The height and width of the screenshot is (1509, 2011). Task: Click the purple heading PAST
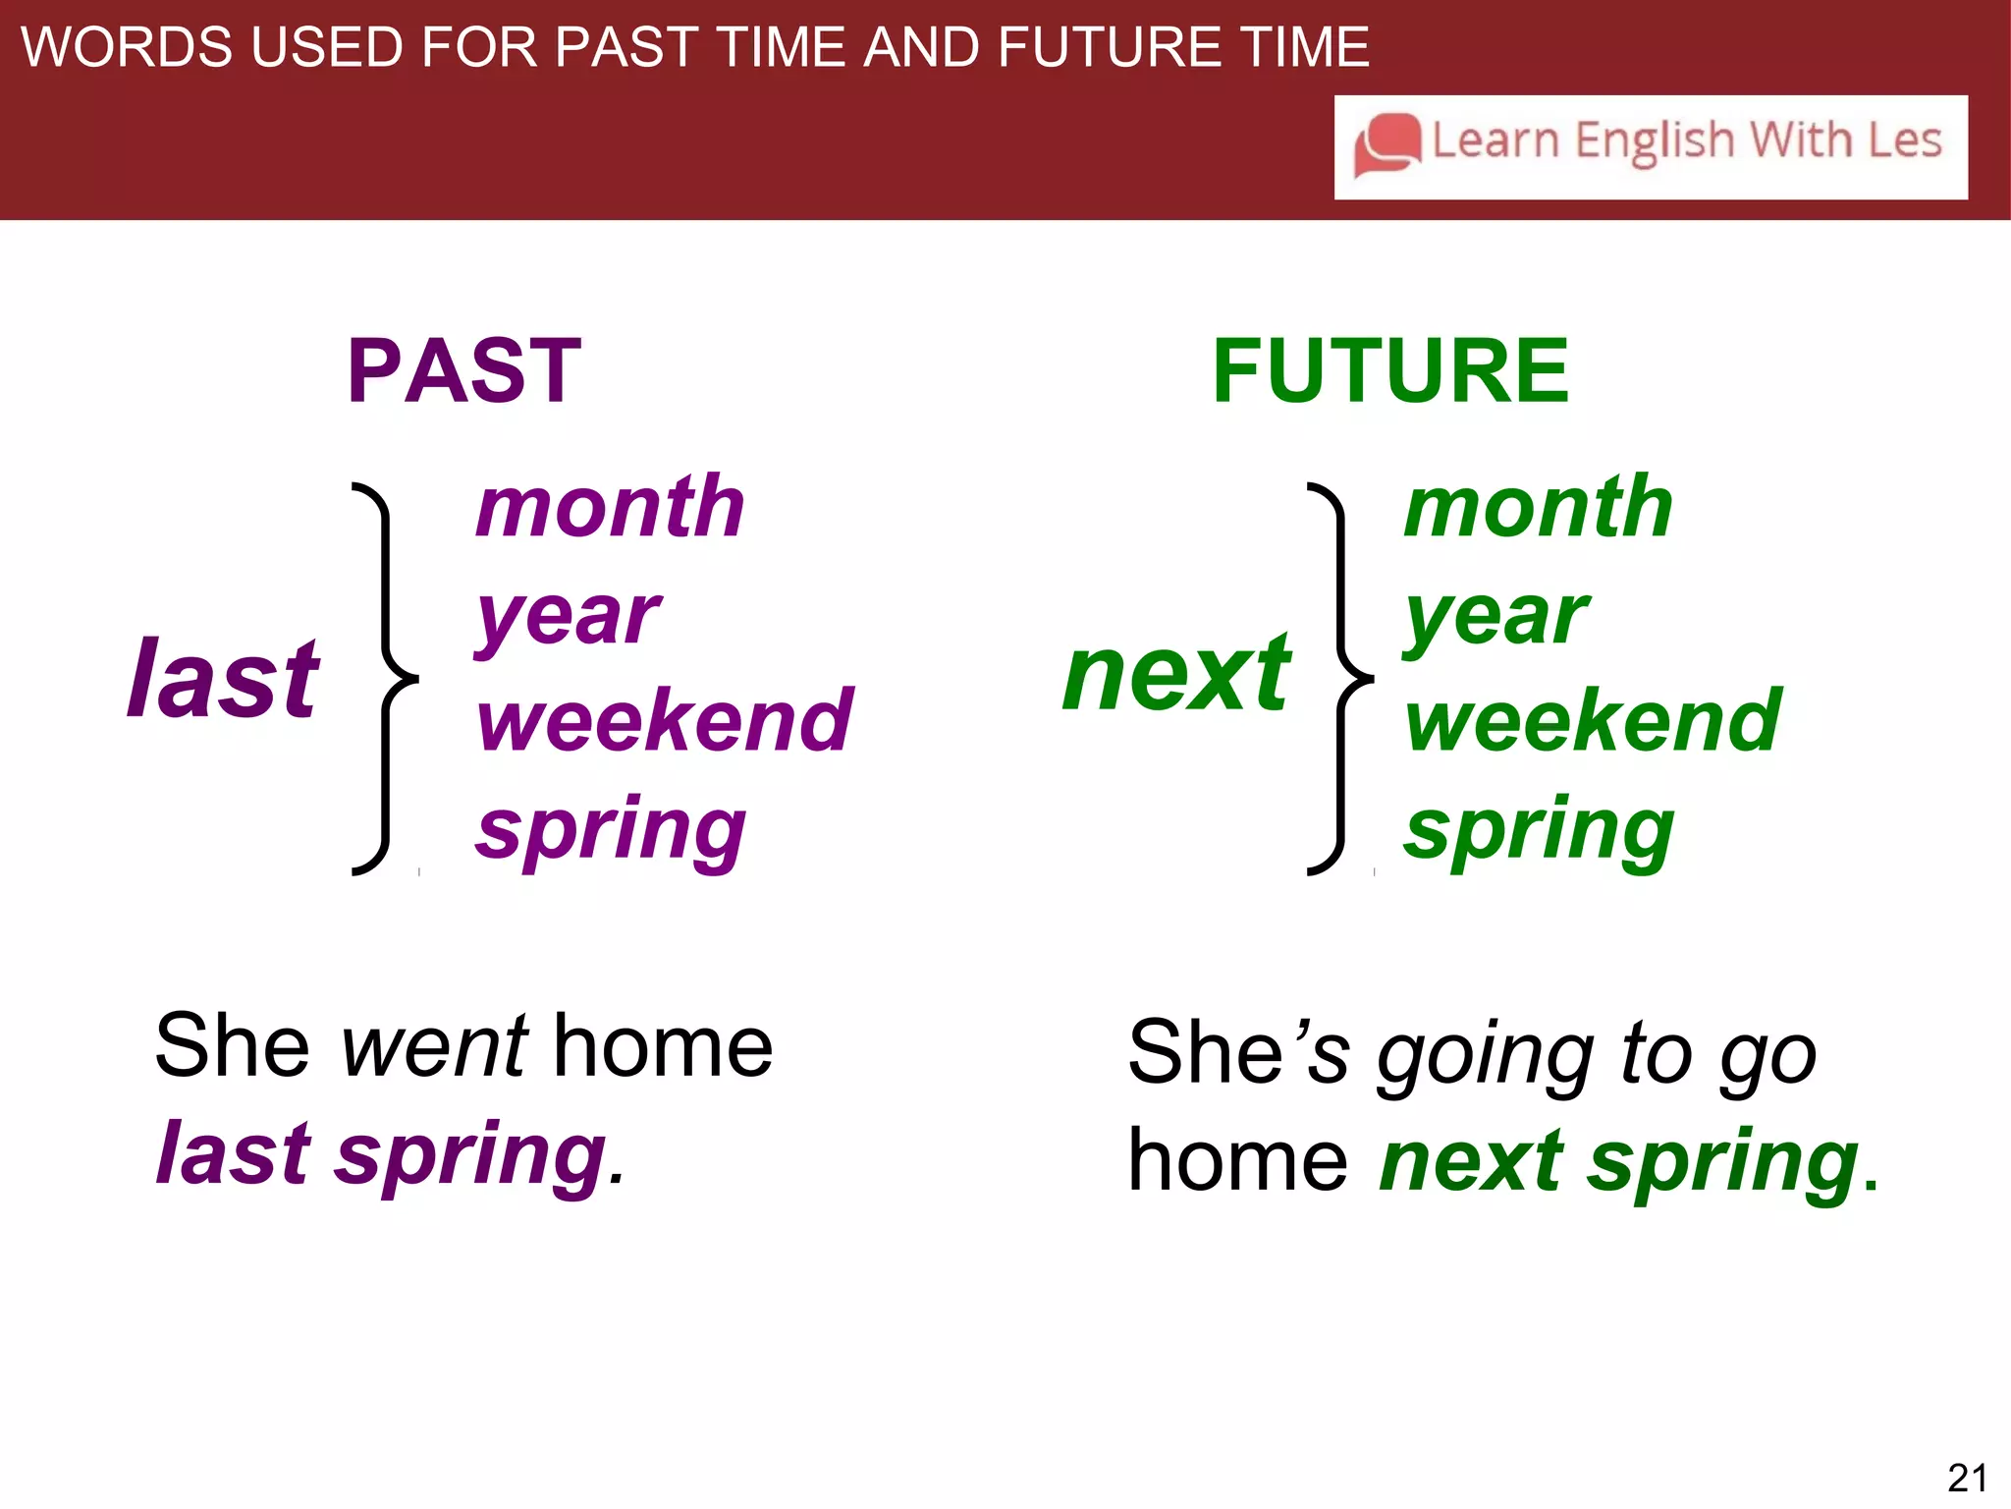[x=464, y=371]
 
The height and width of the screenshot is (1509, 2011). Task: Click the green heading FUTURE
[x=1390, y=371]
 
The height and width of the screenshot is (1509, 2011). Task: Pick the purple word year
[x=568, y=617]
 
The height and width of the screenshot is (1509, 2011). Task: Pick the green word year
[x=1495, y=617]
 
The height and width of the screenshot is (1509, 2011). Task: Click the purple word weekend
[x=665, y=721]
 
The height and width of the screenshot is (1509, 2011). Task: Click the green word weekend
[x=1593, y=721]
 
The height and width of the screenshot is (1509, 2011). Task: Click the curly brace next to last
[x=386, y=678]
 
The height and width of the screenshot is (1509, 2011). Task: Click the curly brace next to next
[x=1340, y=678]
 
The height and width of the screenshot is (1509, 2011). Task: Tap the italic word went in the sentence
[x=434, y=1047]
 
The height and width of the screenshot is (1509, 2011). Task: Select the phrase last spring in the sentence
[x=383, y=1155]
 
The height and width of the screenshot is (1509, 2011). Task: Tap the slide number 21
[x=1967, y=1478]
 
